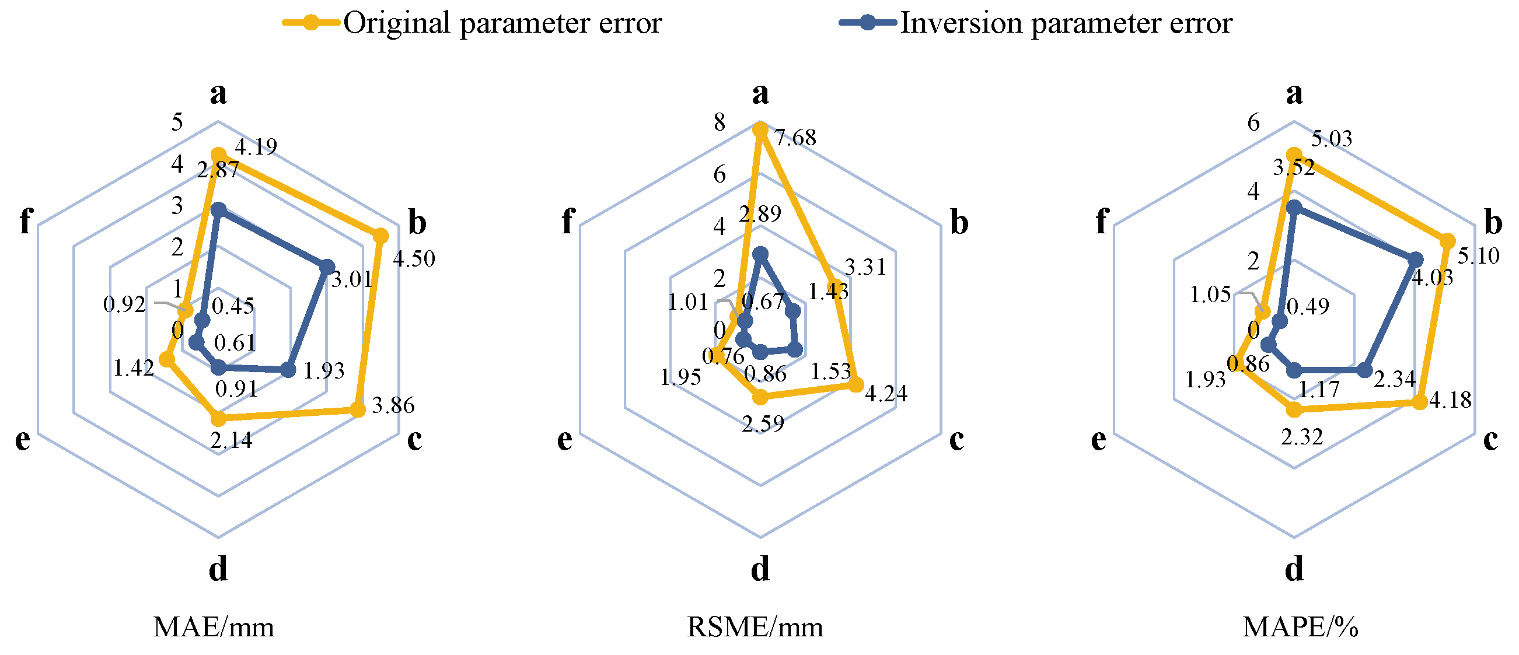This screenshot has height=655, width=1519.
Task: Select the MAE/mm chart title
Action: tap(214, 627)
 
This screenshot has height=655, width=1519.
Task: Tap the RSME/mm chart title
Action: tap(755, 627)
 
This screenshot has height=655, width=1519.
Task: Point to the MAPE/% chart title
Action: tap(1300, 627)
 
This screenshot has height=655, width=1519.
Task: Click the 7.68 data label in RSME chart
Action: tap(795, 138)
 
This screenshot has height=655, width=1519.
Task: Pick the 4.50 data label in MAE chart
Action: tap(414, 259)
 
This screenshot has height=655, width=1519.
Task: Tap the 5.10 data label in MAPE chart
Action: tap(1478, 256)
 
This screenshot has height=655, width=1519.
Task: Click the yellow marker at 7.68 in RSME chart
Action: tap(760, 129)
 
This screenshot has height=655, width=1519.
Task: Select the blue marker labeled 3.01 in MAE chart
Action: tap(327, 267)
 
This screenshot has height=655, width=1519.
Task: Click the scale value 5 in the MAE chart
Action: tap(177, 122)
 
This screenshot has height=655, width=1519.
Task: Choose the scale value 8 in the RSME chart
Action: tap(720, 122)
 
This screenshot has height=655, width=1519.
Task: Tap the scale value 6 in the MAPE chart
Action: tap(1253, 122)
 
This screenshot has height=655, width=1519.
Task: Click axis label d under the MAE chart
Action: tap(218, 570)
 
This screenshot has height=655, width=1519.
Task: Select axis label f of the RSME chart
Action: tap(567, 222)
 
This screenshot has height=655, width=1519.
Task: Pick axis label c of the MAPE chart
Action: tap(1490, 440)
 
